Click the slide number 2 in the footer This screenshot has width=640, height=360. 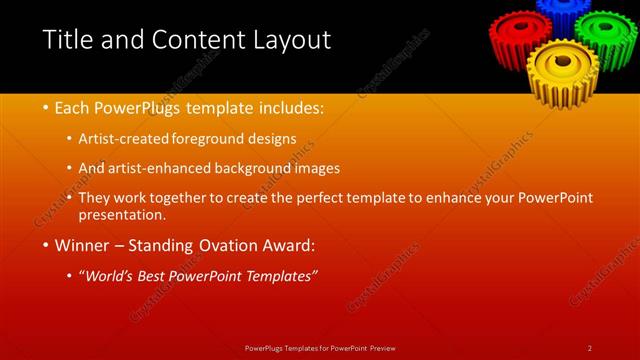tap(590, 347)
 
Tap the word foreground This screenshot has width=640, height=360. tap(209, 138)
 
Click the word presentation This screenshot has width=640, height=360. tap(128, 214)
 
